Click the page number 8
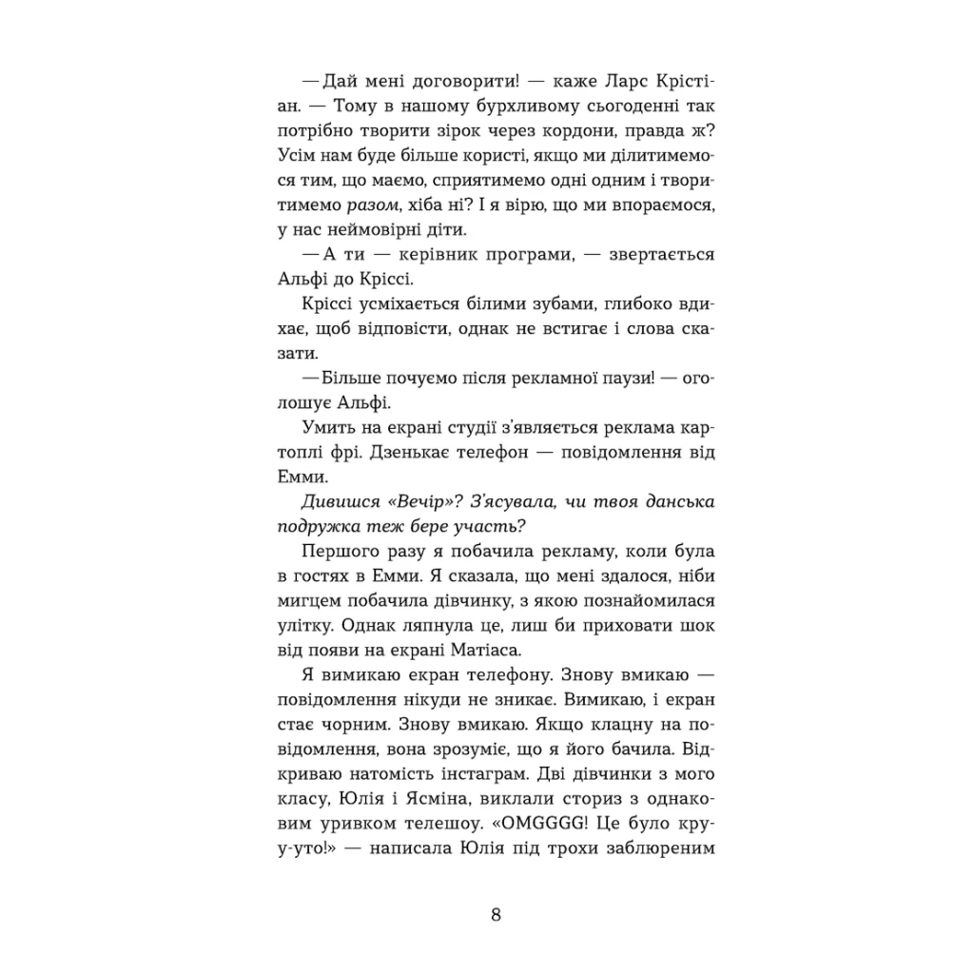[496, 916]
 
